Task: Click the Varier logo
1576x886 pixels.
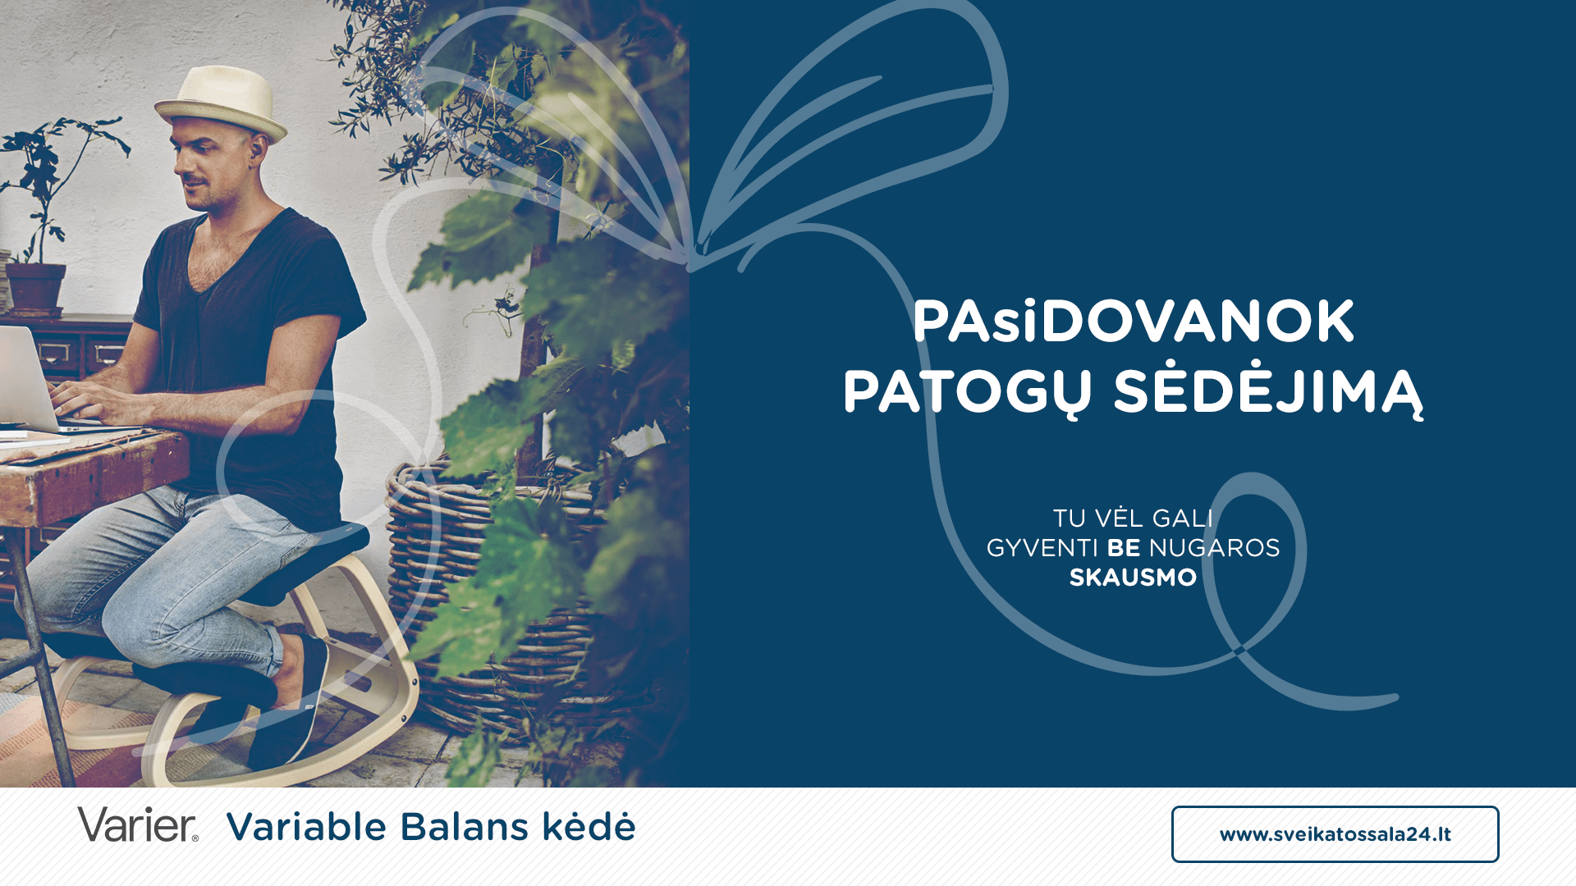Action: coord(138,824)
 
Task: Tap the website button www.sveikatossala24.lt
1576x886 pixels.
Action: coord(1335,834)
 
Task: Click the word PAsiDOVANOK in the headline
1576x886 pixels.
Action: coord(1134,321)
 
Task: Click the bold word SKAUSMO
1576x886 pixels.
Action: coord(1133,578)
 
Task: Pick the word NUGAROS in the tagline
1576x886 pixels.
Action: coord(1214,548)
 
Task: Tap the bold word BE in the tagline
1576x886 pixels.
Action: coord(1124,548)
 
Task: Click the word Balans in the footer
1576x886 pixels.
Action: coord(465,826)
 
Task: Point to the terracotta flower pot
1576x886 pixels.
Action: coord(35,288)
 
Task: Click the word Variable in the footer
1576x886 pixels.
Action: coord(306,826)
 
